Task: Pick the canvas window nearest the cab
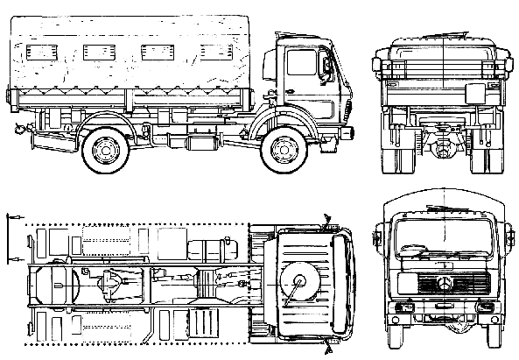pos(214,52)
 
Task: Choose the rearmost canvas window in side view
pos(41,52)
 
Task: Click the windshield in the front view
pos(445,237)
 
